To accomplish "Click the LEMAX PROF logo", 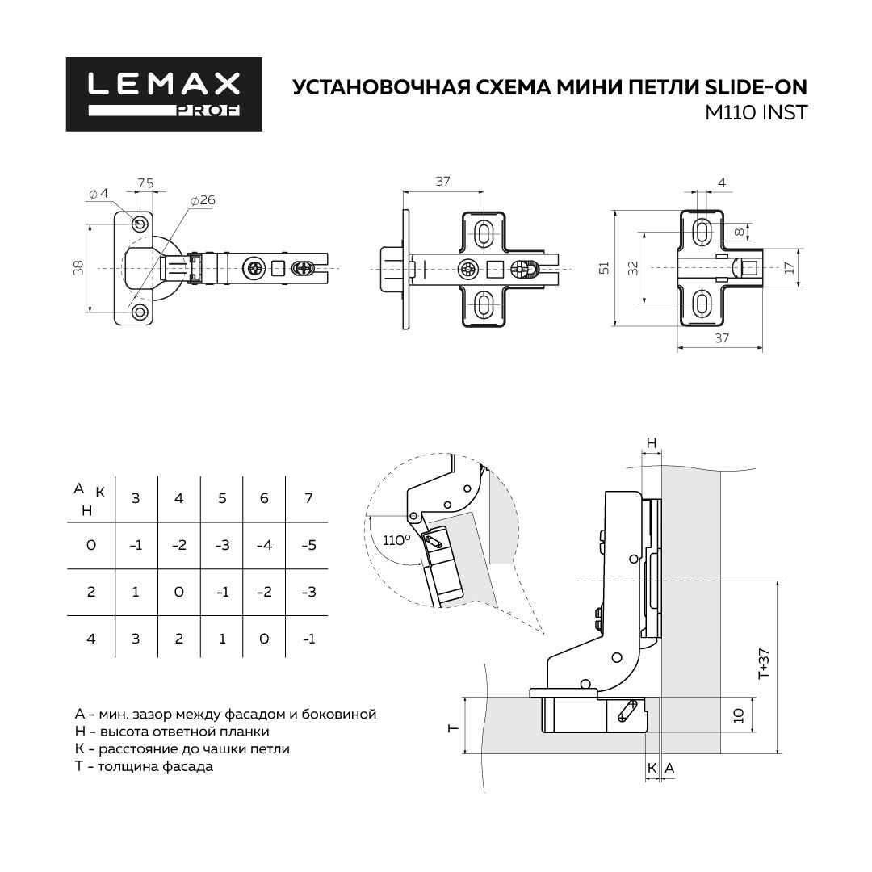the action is (164, 94).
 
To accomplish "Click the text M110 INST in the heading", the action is (756, 113).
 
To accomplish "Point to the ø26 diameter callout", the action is (203, 200).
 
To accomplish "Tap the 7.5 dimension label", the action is (145, 183).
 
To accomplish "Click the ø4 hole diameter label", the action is (99, 194).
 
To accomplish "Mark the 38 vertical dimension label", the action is (78, 267).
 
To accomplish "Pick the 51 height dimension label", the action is (605, 267).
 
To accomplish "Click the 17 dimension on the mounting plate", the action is (790, 267).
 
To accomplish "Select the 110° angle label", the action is (396, 540).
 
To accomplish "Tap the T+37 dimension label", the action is (764, 664).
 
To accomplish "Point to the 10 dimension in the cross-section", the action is (739, 715).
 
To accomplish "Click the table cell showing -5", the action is (308, 545).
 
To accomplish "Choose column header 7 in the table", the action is (308, 497).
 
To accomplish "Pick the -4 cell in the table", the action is (264, 545).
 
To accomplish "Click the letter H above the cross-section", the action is (652, 443).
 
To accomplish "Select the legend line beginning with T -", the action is (144, 766).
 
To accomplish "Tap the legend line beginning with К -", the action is (182, 749).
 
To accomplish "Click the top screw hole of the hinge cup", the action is (139, 224).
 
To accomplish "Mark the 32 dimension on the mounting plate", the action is (633, 268).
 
